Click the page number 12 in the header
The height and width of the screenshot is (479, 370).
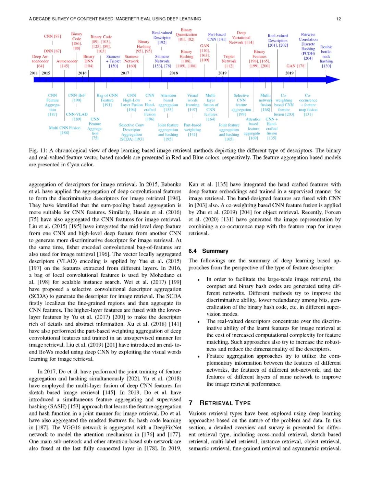coord(338,19)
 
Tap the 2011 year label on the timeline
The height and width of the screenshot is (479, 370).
coord(34,73)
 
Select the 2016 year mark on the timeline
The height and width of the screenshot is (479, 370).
coord(82,73)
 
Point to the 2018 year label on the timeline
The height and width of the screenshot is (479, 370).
coord(174,73)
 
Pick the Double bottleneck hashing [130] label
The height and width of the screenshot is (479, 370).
coord(326,56)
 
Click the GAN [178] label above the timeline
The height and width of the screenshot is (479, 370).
coord(296,66)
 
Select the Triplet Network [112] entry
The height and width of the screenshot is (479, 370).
coord(229,61)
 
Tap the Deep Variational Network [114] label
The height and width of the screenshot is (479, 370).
coord(241,38)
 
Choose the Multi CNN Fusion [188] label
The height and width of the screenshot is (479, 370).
coord(65,130)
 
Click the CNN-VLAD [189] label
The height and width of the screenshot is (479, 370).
coord(77,117)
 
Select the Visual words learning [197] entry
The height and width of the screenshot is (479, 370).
coord(193,103)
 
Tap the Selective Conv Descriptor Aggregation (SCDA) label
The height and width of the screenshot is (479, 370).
coord(132,132)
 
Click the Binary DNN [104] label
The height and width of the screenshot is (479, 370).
coord(89,61)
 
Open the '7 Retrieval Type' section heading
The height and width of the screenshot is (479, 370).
coord(220,403)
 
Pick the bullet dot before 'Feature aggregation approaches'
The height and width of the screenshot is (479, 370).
coord(199,356)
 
